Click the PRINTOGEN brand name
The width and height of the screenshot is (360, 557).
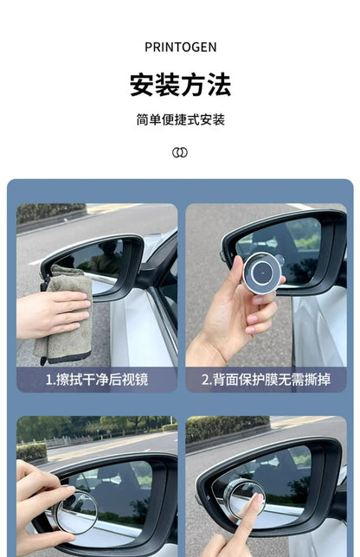click(180, 47)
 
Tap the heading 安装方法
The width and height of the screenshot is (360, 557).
click(180, 85)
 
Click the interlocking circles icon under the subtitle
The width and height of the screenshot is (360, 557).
click(180, 152)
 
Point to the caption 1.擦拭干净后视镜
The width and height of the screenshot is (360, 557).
click(97, 379)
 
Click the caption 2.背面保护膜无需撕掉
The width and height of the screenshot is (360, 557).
click(266, 379)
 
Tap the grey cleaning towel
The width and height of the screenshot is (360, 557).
click(65, 316)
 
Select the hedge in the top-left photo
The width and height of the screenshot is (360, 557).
click(48, 212)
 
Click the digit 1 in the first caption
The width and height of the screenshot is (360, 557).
click(48, 379)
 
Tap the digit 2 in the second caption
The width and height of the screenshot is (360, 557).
click(205, 379)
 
